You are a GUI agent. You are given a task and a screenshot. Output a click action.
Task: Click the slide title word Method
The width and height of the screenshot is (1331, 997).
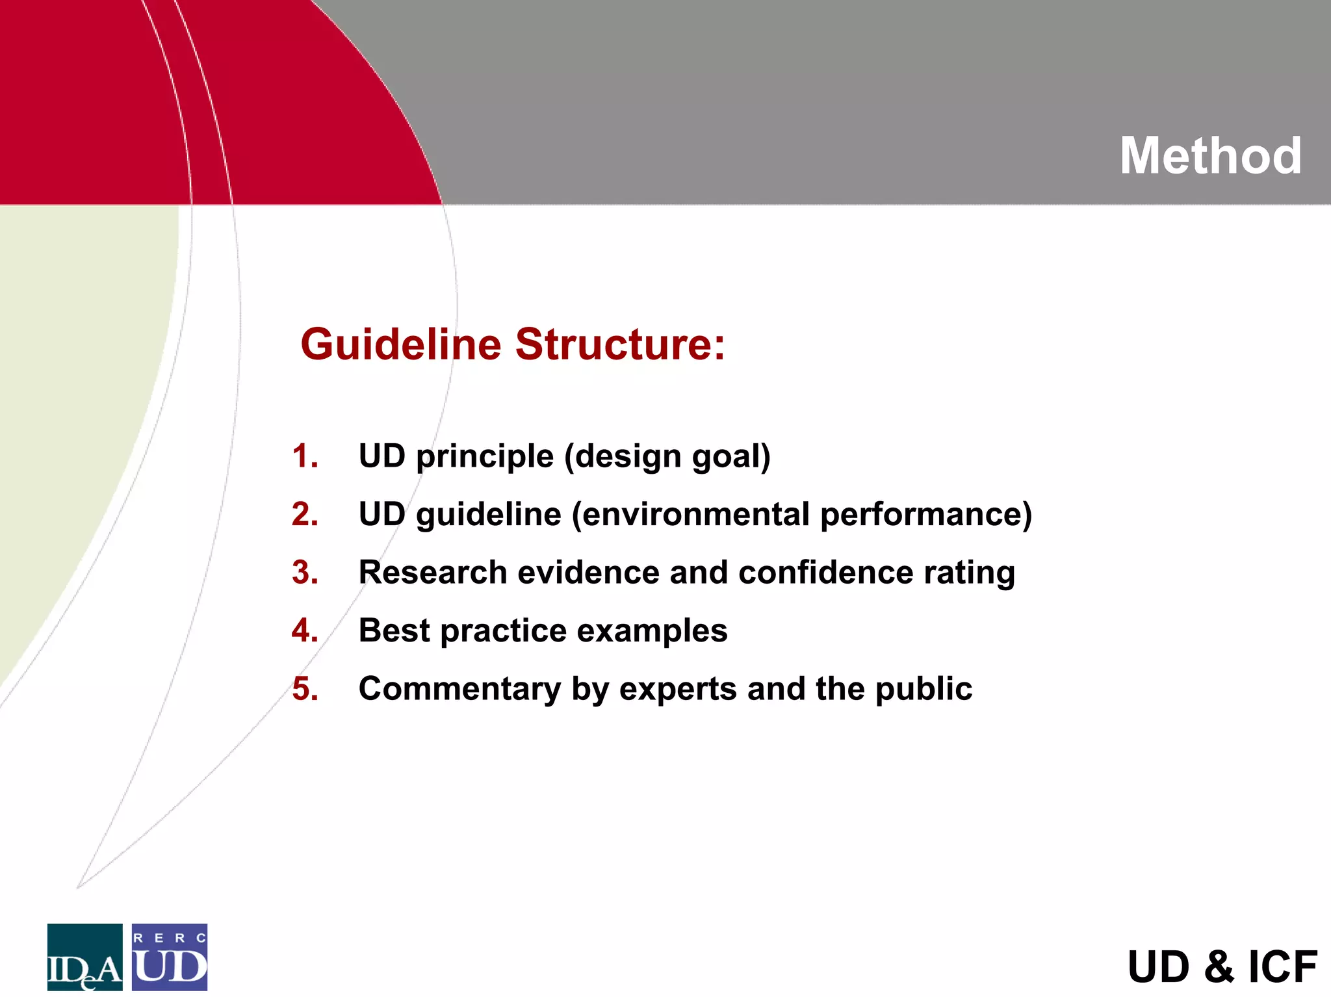[x=1210, y=157]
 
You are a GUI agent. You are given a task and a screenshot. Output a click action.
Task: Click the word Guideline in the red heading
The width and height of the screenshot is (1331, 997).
[x=400, y=344]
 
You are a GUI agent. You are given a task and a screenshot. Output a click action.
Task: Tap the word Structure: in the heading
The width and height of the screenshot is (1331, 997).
[x=620, y=344]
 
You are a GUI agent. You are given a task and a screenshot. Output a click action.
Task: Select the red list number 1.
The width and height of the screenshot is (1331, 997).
[x=304, y=456]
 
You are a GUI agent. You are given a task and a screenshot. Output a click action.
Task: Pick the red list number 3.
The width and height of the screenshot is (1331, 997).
[x=305, y=573]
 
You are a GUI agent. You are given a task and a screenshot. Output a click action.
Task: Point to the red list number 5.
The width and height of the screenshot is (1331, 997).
[x=305, y=689]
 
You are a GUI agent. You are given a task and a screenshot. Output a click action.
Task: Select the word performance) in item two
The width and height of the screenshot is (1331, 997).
[x=926, y=515]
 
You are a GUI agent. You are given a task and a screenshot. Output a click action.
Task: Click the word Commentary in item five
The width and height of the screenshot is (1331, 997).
[x=459, y=689]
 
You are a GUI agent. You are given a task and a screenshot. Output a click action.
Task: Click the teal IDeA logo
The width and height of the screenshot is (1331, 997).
[x=84, y=957]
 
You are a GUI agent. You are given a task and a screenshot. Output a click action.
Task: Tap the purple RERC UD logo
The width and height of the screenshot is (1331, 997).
[x=170, y=957]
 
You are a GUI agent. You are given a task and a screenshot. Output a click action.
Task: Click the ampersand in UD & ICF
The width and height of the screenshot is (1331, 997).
[x=1219, y=967]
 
